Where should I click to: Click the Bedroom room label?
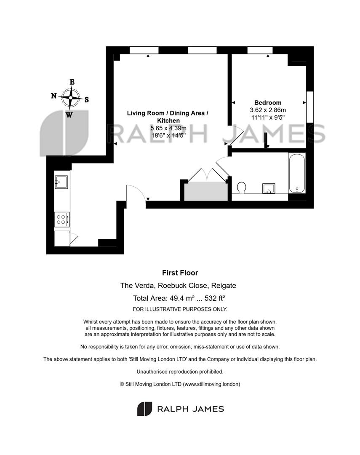click(x=268, y=103)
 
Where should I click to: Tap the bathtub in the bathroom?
click(x=297, y=173)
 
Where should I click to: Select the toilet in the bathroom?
click(x=241, y=188)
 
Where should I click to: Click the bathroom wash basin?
click(x=269, y=188)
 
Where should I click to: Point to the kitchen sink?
click(x=61, y=182)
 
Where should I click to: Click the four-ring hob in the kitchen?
click(x=62, y=219)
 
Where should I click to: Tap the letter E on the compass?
click(x=72, y=82)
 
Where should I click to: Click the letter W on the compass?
click(x=69, y=115)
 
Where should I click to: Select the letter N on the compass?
click(x=53, y=96)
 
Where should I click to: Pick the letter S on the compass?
click(x=86, y=100)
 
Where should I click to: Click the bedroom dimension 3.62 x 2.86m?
click(x=268, y=110)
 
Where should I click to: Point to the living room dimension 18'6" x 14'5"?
click(x=168, y=136)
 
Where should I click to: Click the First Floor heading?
click(x=180, y=273)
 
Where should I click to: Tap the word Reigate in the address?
click(x=223, y=286)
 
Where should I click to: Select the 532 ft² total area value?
click(x=215, y=298)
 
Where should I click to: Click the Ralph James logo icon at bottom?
click(x=145, y=409)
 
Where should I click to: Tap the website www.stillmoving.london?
click(x=211, y=384)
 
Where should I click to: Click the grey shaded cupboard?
click(x=206, y=191)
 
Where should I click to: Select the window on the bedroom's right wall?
click(x=310, y=107)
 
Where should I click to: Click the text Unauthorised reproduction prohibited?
click(x=180, y=372)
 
